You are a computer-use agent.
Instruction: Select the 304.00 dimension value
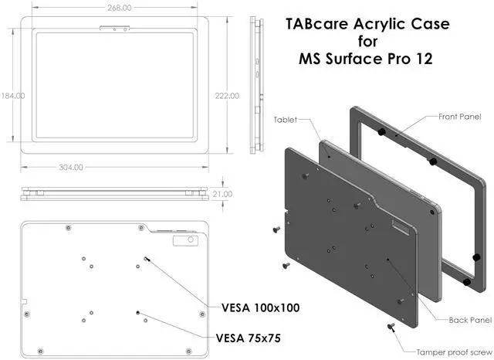115,167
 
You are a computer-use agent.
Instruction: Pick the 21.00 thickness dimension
223,194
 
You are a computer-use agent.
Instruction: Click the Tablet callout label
285,121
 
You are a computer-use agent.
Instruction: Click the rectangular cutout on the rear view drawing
185,241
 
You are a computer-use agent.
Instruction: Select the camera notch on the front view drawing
115,32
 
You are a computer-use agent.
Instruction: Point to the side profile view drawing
255,85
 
